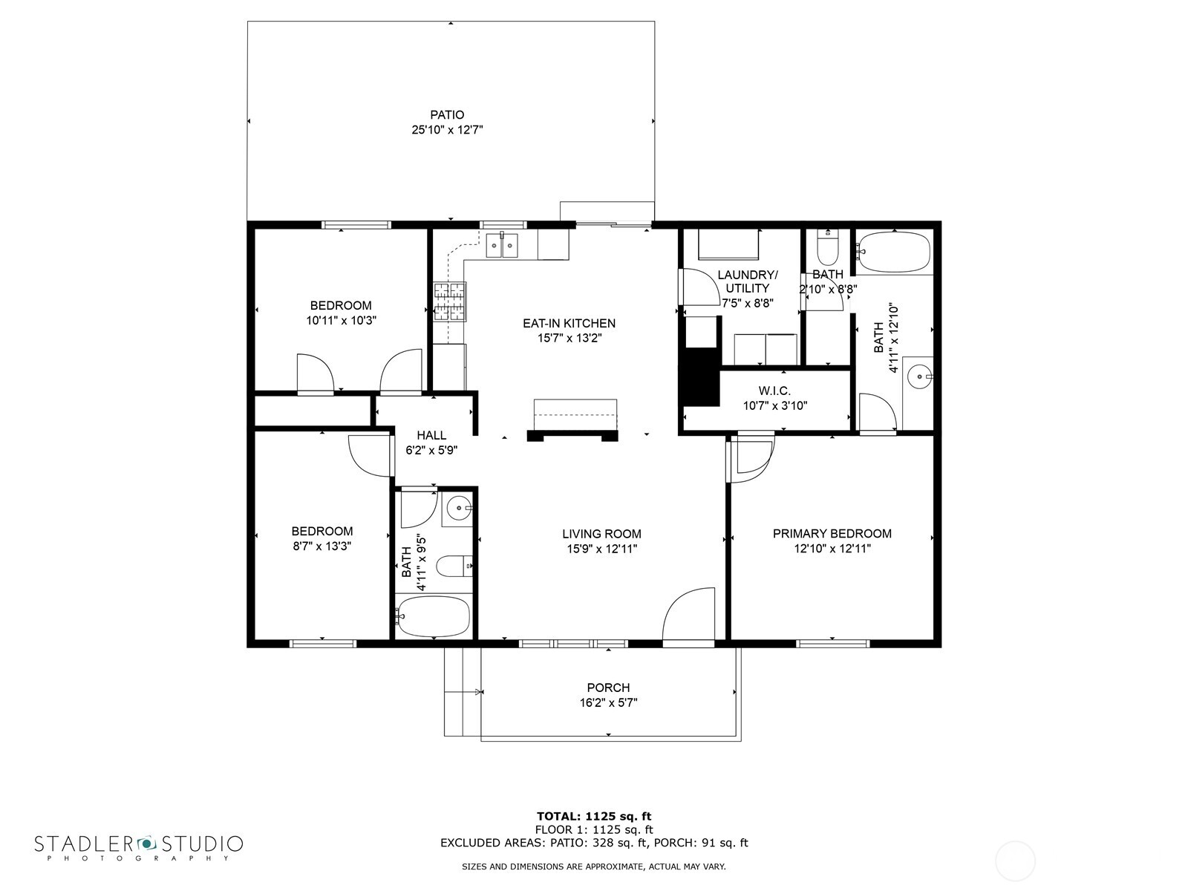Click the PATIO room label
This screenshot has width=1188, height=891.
pyautogui.click(x=447, y=115)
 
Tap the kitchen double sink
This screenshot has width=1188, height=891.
pyautogui.click(x=503, y=244)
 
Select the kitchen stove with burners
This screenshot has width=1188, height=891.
pyautogui.click(x=450, y=302)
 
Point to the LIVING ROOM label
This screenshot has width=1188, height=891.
pyautogui.click(x=601, y=534)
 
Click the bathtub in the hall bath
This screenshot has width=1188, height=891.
pyautogui.click(x=434, y=616)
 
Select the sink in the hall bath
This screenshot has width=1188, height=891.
pyautogui.click(x=459, y=509)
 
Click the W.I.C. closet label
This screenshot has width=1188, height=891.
pyautogui.click(x=774, y=391)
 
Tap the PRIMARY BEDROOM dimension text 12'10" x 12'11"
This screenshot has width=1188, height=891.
pyautogui.click(x=832, y=549)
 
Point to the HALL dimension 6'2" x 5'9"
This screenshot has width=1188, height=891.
pyautogui.click(x=431, y=450)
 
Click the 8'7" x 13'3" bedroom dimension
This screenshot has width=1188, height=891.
pyautogui.click(x=322, y=546)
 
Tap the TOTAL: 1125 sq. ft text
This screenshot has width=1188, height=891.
pyautogui.click(x=594, y=817)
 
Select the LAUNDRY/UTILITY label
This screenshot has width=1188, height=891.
pyautogui.click(x=747, y=281)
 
